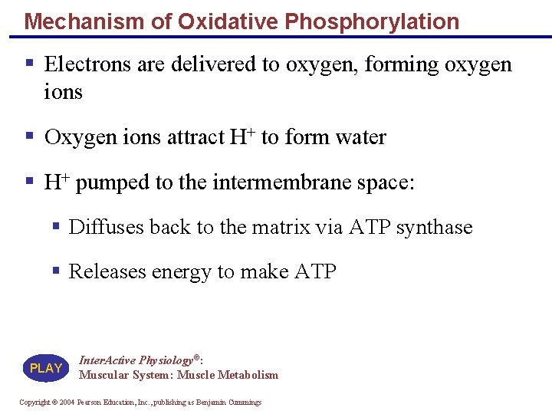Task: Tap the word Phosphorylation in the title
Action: coord(372,21)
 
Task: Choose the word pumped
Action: coord(113,182)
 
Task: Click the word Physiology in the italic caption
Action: coord(167,360)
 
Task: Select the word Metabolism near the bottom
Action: coord(248,375)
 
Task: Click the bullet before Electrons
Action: coord(28,62)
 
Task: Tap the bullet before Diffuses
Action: coord(57,226)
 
